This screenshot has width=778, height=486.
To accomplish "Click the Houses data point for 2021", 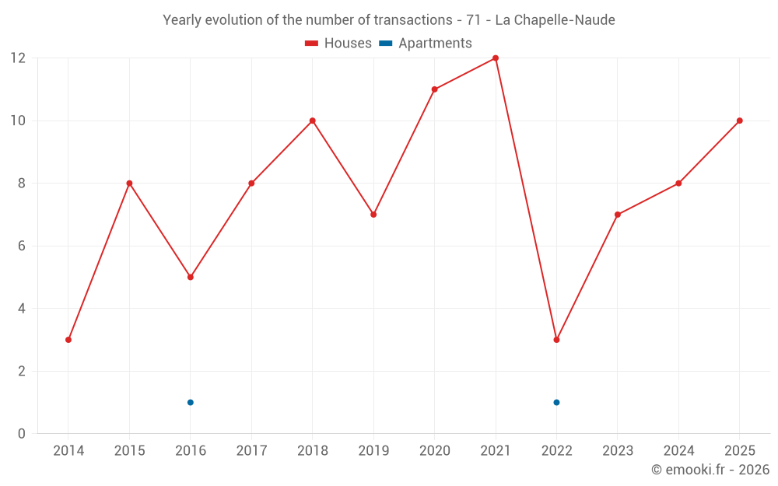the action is click(x=495, y=58).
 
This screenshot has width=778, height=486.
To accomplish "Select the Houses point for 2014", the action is click(x=68, y=340).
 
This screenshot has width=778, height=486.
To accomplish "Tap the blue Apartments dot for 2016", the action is click(x=191, y=402).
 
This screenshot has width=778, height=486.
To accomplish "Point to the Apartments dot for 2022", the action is click(x=556, y=402).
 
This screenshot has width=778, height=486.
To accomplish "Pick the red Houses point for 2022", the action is click(x=556, y=340).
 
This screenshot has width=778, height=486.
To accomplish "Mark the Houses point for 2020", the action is click(x=435, y=89).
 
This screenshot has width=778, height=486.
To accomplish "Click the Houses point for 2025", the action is click(x=739, y=121).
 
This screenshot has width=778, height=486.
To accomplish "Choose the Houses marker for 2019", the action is click(x=373, y=215).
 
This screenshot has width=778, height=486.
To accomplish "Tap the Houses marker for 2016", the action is click(x=191, y=278).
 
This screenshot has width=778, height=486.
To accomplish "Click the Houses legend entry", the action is click(x=338, y=43).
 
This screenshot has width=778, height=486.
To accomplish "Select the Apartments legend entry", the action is click(x=426, y=43).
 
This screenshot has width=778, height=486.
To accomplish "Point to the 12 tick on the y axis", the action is click(x=18, y=58).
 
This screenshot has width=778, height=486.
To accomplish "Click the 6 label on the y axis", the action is click(x=21, y=246).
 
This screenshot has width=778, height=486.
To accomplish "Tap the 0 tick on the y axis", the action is click(x=21, y=433).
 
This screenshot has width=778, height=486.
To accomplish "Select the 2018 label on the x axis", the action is click(x=313, y=450).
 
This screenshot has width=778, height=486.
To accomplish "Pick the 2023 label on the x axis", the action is click(x=618, y=450).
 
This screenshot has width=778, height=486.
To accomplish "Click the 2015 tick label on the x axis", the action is click(x=129, y=450).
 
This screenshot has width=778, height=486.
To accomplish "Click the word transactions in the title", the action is click(x=413, y=20).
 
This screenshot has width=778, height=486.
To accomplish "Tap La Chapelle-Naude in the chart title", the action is click(x=555, y=20).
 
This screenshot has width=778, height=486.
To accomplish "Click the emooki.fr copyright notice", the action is click(x=710, y=469).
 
